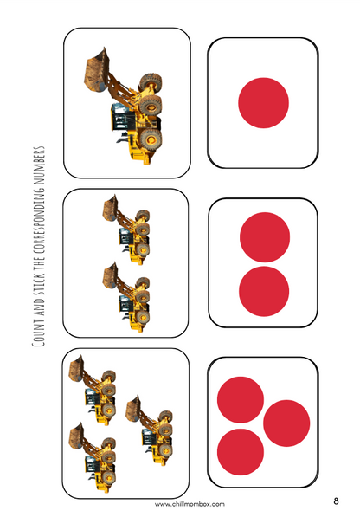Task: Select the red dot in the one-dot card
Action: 262,102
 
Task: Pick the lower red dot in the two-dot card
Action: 263,291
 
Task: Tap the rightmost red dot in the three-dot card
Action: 286,423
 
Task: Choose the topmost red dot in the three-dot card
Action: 241,400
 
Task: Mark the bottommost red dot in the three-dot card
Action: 241,451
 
